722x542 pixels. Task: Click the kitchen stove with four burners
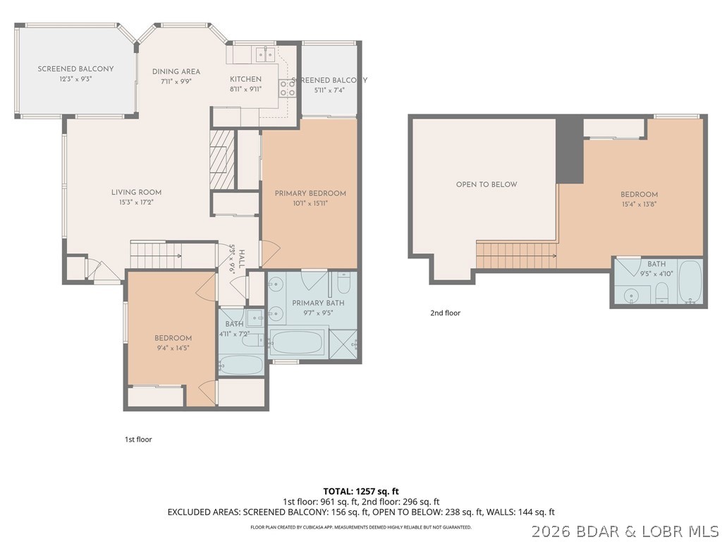[288, 88]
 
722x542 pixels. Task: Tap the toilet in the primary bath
[343, 283]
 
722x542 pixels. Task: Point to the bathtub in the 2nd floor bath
[690, 281]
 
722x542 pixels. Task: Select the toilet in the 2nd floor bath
[662, 291]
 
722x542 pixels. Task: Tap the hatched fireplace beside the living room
[221, 159]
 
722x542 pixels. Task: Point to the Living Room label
[136, 192]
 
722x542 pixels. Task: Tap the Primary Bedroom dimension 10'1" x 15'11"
[310, 203]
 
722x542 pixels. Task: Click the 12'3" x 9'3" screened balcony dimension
[75, 79]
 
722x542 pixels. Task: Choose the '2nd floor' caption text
[445, 313]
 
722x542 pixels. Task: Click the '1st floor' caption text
[138, 439]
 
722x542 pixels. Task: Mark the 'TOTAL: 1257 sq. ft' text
[361, 490]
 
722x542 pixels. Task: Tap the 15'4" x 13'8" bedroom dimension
[640, 205]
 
